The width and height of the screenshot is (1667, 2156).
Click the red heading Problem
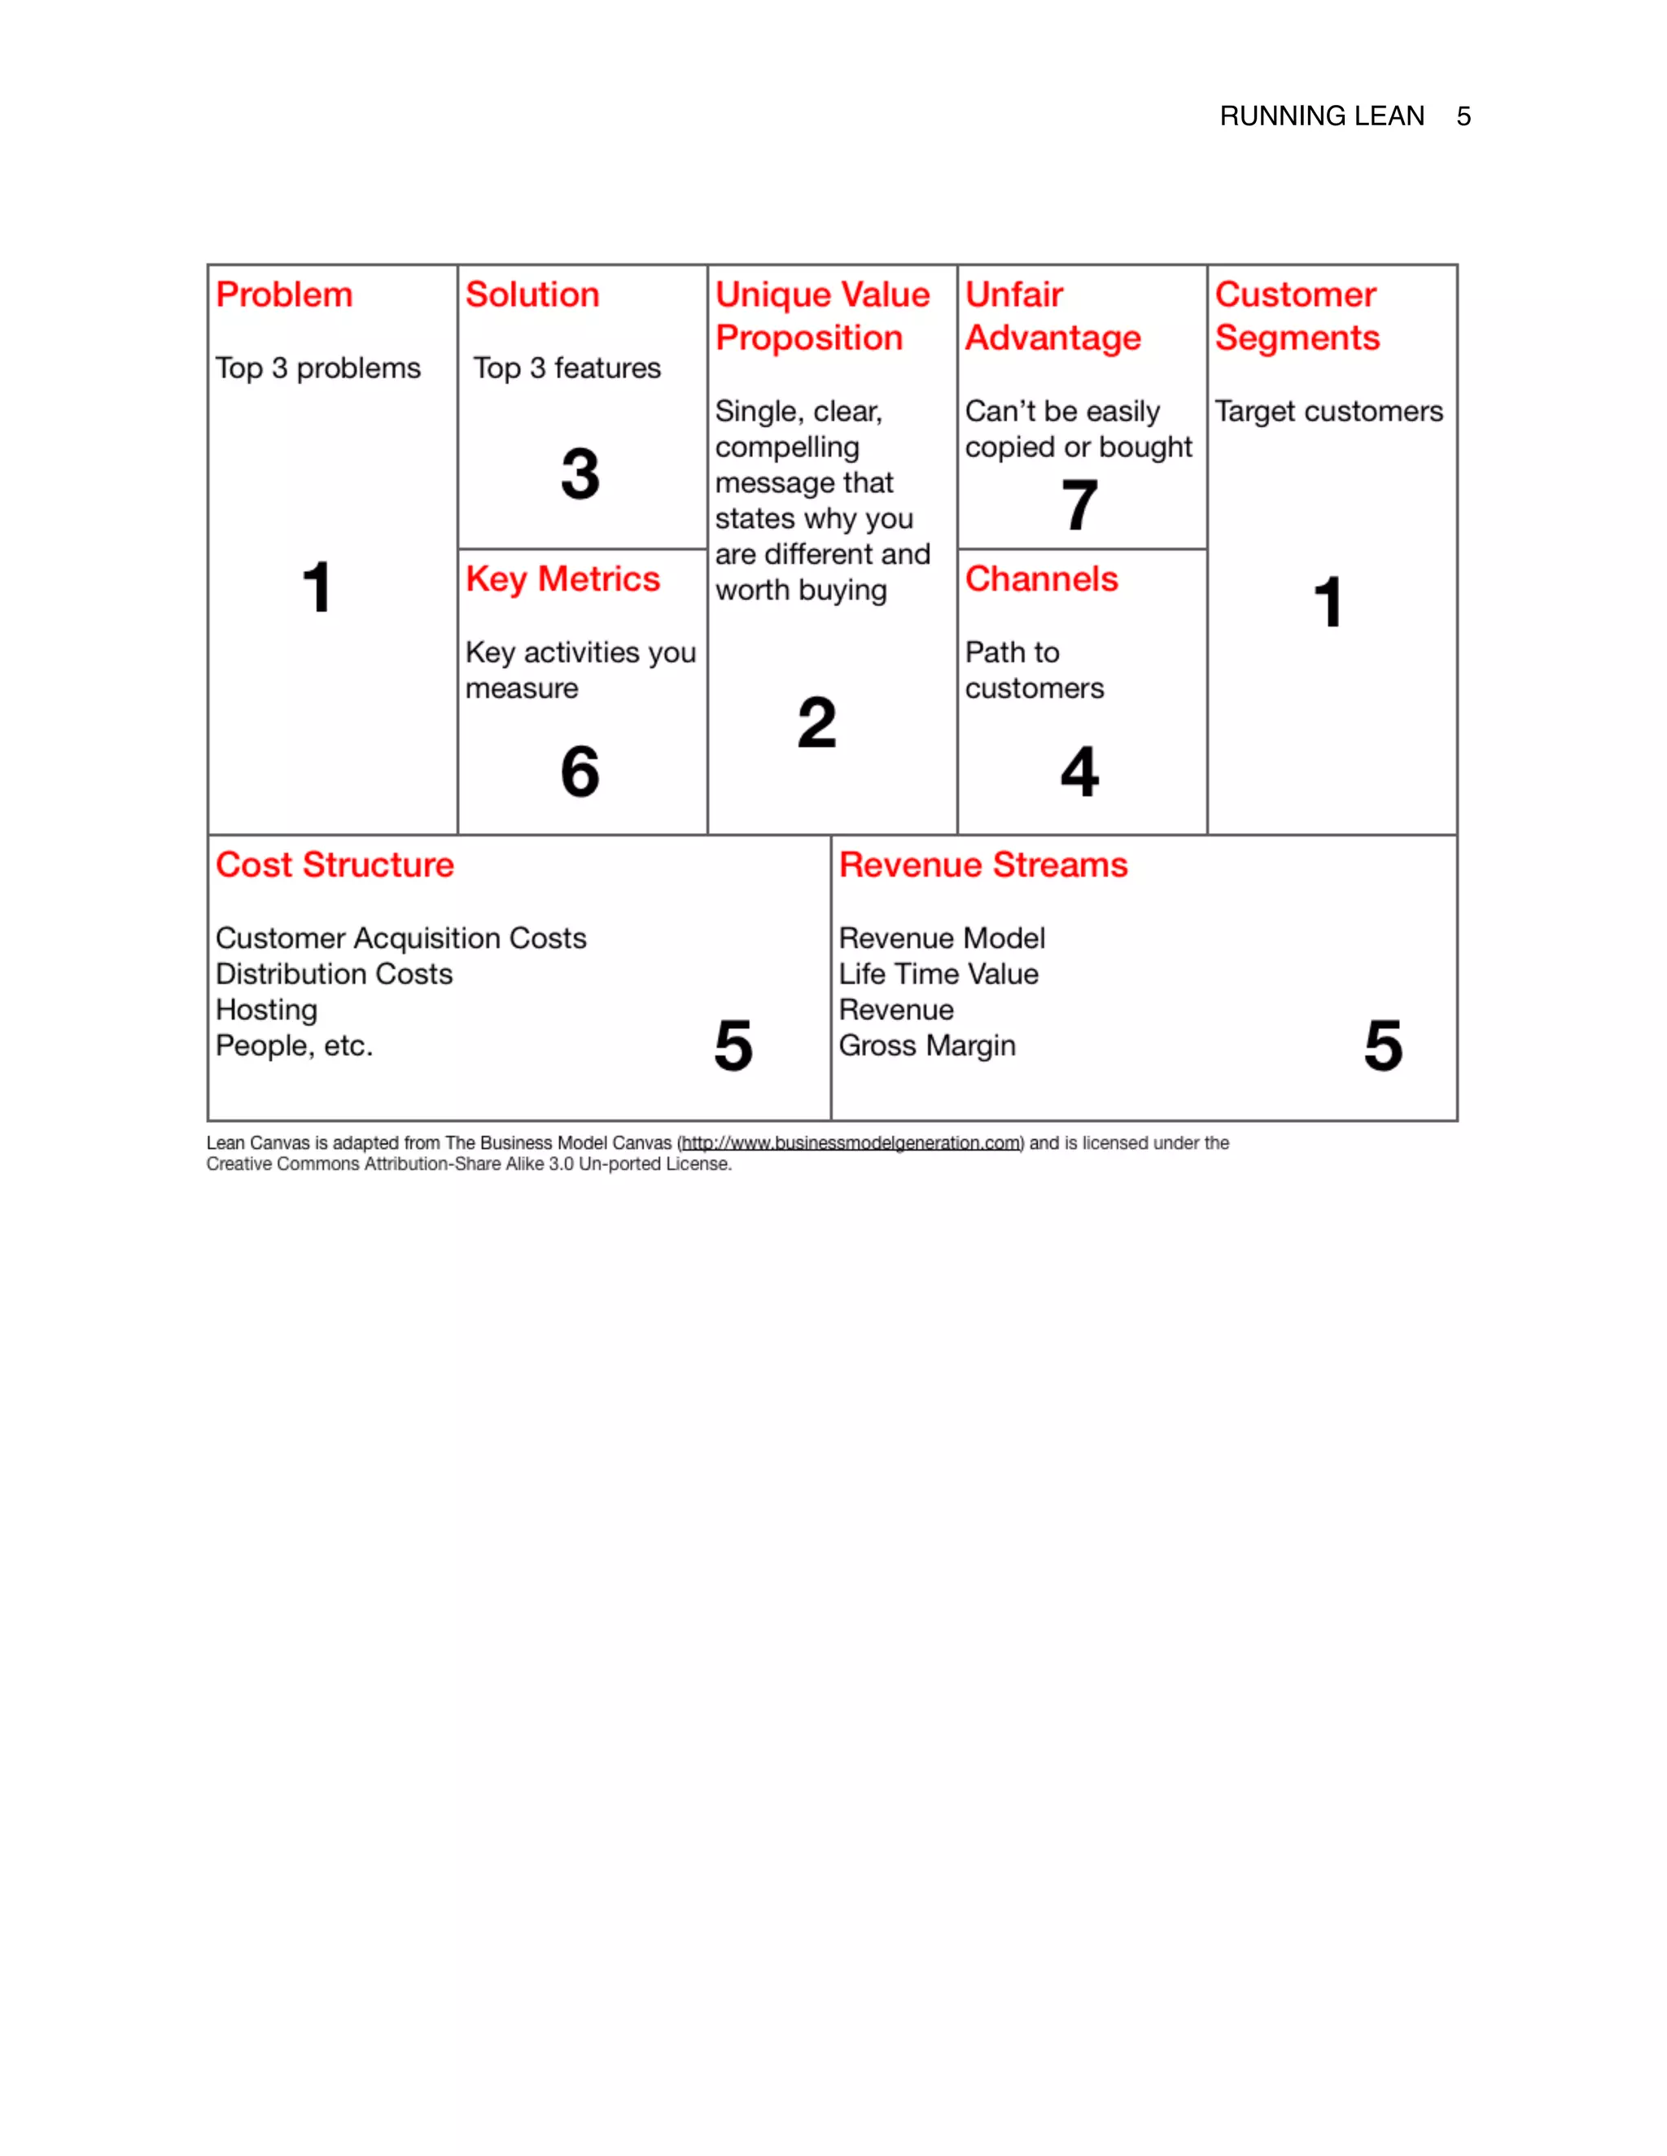283,295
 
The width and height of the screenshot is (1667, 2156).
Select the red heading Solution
532,295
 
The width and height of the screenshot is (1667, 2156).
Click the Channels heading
1041,578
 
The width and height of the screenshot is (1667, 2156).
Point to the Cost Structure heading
335,865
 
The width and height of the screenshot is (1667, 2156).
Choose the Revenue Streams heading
982,865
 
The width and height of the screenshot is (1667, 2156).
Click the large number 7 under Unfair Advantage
1079,504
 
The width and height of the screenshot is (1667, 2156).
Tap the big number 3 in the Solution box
580,474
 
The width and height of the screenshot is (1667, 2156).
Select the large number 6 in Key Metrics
580,771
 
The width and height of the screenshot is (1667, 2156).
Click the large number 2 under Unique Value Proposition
816,722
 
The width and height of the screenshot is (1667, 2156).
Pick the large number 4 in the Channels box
1079,771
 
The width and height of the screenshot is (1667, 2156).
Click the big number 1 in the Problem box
316,587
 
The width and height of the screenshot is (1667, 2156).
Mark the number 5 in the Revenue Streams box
1383,1045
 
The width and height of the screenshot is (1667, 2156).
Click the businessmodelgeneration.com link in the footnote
851,1143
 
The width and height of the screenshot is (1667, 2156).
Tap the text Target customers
1328,411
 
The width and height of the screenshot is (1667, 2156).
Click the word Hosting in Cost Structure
267,1010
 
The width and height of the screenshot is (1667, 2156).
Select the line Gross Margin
926,1045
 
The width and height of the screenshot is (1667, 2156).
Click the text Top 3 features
567,369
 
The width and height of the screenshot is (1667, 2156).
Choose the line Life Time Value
939,975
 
